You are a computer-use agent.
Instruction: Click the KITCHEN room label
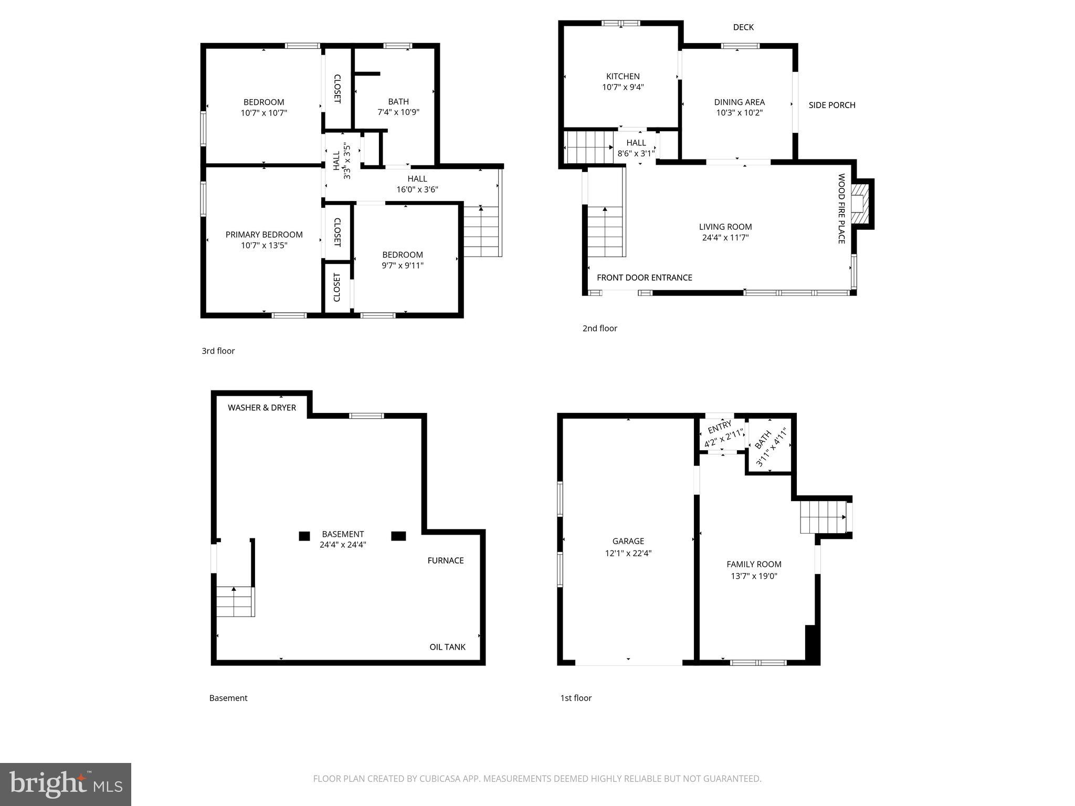623,77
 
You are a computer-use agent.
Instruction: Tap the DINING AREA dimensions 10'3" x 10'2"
739,113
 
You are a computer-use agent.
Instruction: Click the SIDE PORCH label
831,105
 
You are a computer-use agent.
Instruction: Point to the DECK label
743,27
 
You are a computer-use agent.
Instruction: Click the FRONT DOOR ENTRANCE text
644,278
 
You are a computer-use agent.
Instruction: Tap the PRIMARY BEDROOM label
264,235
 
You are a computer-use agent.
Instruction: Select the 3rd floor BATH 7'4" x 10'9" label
398,107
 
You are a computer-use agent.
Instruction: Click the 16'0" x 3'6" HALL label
417,184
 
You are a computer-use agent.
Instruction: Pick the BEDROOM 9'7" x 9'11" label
403,260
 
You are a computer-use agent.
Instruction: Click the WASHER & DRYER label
262,408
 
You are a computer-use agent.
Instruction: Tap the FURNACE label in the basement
445,560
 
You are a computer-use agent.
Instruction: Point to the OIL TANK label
447,647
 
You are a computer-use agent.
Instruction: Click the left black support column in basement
304,536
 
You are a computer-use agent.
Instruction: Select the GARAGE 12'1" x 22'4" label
628,547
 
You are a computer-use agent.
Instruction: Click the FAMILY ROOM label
754,565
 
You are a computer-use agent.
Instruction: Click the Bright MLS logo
66,784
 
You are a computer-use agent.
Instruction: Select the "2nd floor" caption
599,328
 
